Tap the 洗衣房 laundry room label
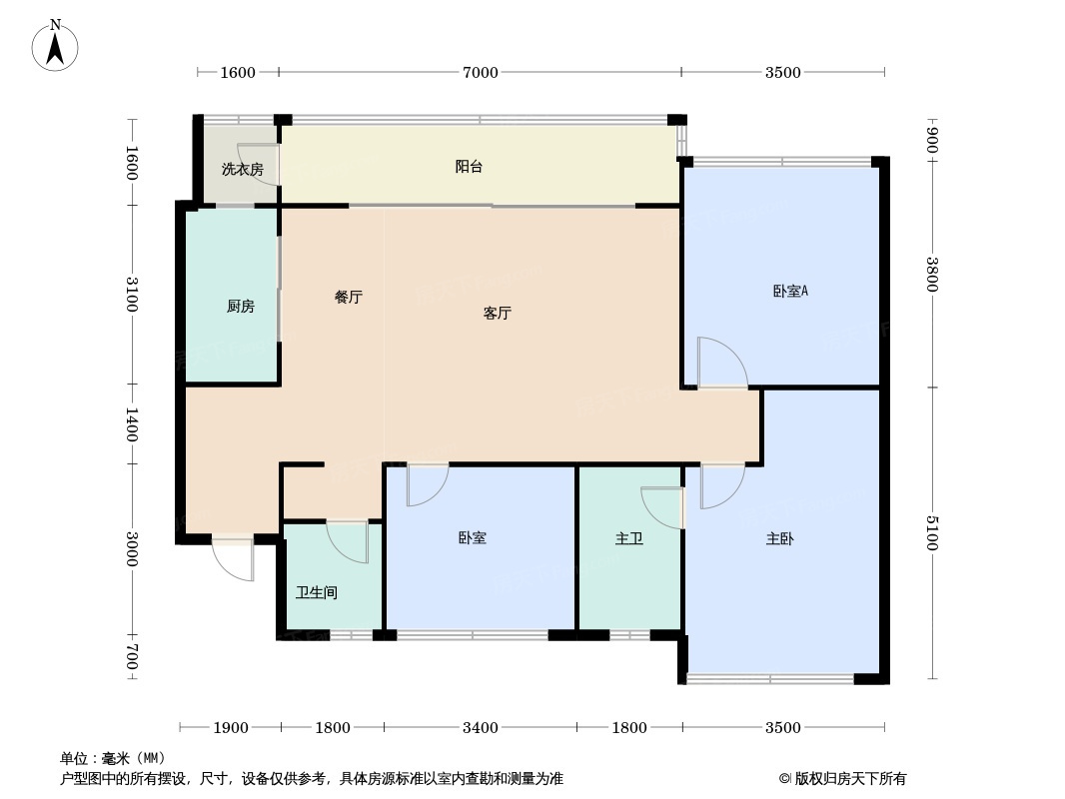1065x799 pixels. point(242,169)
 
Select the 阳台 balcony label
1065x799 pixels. point(469,167)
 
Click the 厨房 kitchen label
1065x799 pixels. point(240,307)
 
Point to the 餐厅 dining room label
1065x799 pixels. point(348,298)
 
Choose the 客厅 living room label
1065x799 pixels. point(497,313)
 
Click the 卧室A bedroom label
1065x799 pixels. point(790,292)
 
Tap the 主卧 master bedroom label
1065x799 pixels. point(780,539)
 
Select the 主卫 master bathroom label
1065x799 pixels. point(629,539)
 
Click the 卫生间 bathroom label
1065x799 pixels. point(316,592)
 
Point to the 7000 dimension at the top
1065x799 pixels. point(480,72)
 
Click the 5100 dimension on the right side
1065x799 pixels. point(932,532)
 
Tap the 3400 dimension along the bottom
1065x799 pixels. point(480,727)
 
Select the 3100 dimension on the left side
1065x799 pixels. point(131,295)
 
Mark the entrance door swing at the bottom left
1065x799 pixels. point(236,561)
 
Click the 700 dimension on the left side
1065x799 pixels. point(131,659)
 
